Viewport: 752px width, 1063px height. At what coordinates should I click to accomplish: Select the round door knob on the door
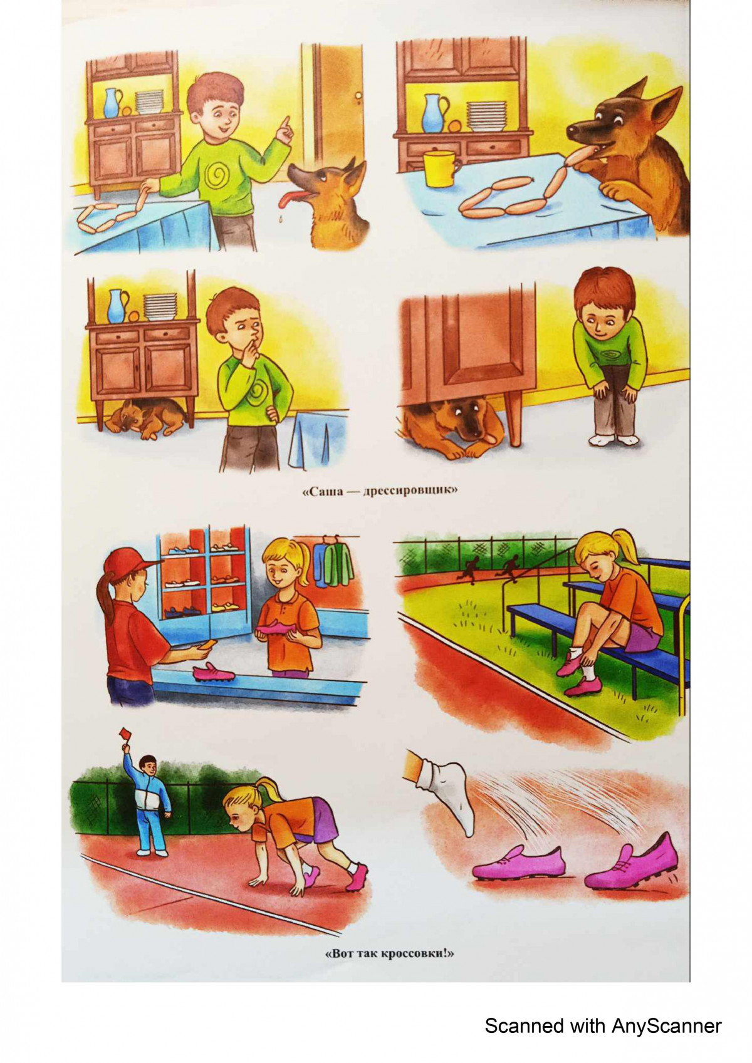coord(358,97)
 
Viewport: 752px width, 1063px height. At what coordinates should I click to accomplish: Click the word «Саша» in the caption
coord(323,492)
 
